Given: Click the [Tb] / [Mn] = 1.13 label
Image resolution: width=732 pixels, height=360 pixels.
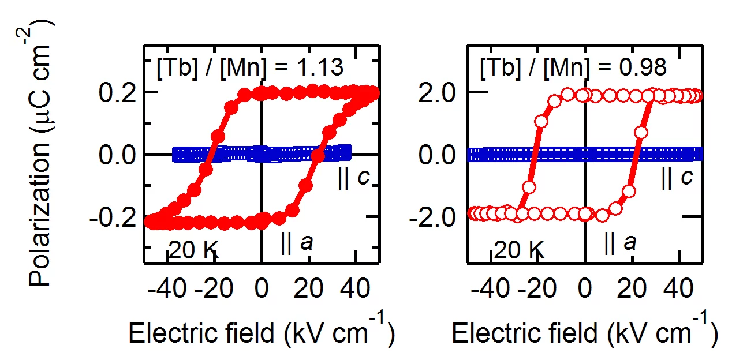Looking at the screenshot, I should tap(250, 68).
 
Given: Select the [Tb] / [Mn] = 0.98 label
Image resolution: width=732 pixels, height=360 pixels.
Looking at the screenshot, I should tap(573, 68).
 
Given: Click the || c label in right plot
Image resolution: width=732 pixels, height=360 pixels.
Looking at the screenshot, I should tap(677, 179).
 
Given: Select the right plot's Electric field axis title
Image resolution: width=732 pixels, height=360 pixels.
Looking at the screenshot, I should tap(584, 333).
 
